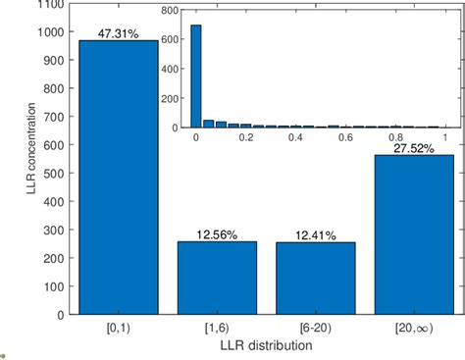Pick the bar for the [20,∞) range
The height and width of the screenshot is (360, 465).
pos(412,234)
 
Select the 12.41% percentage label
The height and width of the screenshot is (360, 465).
pos(309,235)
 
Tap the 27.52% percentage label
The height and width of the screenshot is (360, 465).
pos(412,148)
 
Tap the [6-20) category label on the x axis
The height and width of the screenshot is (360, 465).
pos(309,330)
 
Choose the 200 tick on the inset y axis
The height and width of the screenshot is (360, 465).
pos(172,98)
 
